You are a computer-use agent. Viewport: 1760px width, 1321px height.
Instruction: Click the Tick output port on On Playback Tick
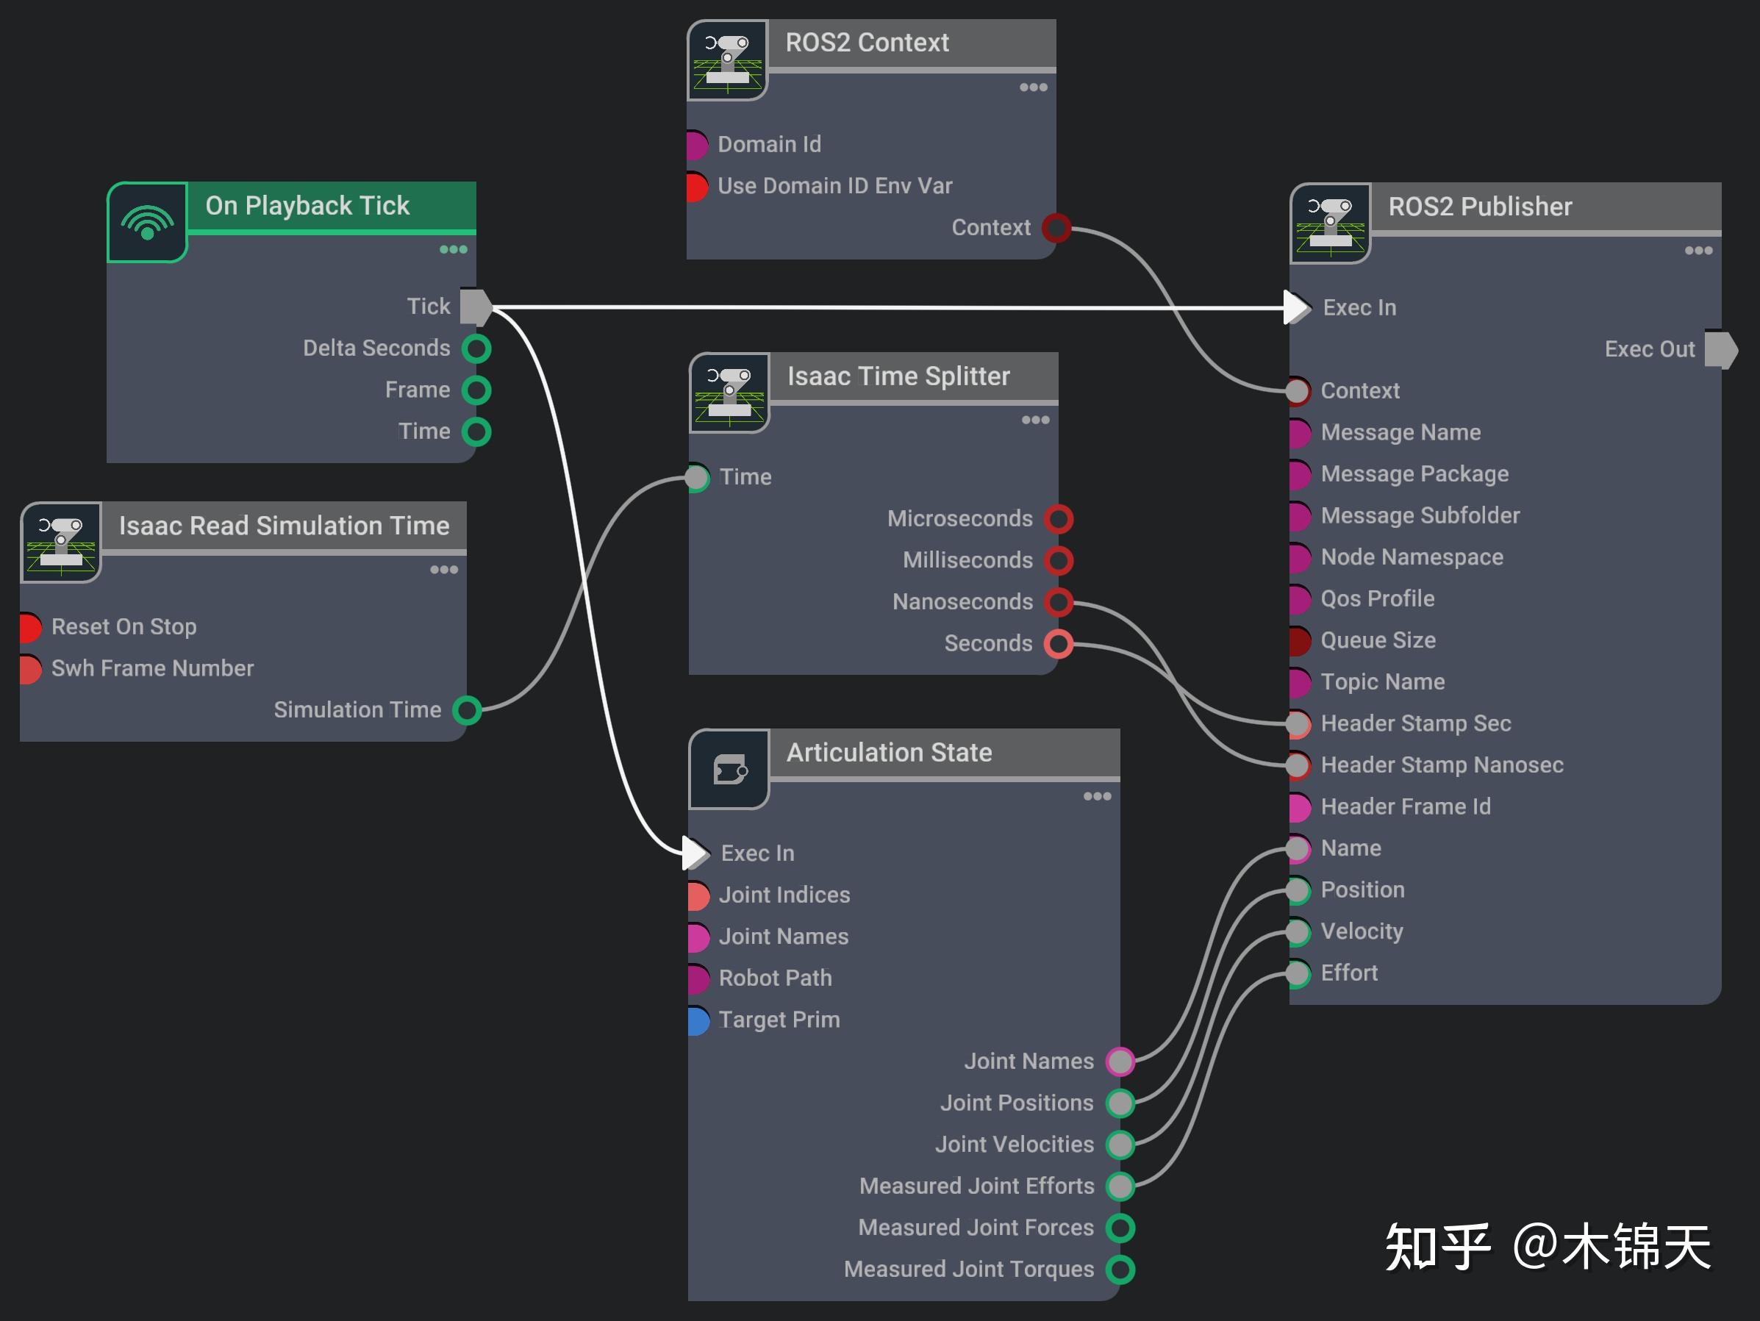476,307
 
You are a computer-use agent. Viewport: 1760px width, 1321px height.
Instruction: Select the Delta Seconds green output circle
476,348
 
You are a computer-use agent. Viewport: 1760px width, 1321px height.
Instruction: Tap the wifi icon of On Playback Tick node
147,222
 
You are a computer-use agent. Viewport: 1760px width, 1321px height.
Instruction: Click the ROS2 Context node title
867,42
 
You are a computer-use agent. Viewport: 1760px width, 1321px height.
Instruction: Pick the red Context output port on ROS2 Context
1057,228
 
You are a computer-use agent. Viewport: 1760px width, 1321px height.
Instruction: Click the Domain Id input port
696,145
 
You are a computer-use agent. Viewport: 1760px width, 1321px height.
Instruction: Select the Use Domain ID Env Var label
834,186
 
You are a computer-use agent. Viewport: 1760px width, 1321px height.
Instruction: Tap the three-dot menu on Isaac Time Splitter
1035,420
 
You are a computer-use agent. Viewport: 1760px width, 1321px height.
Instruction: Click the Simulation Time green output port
467,710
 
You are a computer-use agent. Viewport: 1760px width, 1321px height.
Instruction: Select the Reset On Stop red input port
30,627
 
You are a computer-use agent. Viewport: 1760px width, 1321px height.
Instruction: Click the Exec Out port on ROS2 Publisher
1720,349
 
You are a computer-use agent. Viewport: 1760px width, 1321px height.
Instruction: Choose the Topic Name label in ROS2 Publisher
1382,682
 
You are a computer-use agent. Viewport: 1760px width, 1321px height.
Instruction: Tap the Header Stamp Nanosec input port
1298,765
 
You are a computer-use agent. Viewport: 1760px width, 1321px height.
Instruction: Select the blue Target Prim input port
698,1020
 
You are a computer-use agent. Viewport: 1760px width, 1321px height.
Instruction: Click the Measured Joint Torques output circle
1120,1270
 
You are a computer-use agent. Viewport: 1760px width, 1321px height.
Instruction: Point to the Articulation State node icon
729,770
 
